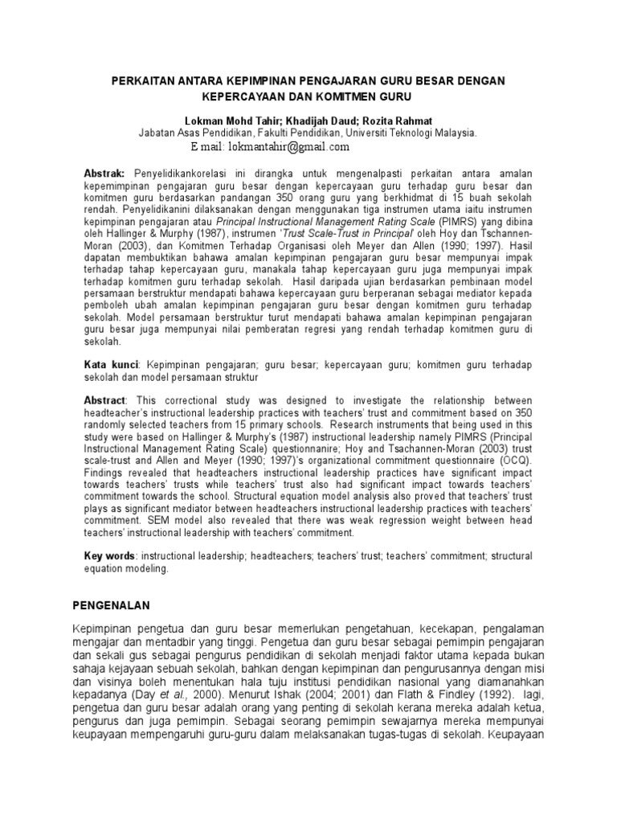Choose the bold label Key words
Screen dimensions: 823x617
coord(110,556)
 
